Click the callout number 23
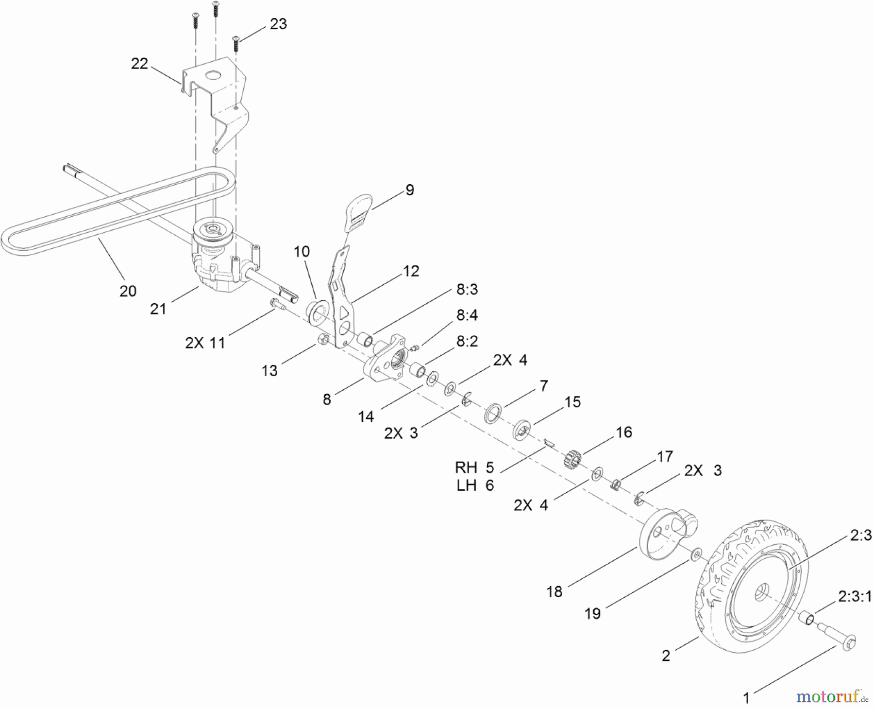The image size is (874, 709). [x=278, y=24]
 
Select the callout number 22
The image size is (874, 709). [x=139, y=64]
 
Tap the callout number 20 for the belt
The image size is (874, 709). [x=128, y=291]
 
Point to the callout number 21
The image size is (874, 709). [x=158, y=309]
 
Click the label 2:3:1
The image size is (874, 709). [x=855, y=596]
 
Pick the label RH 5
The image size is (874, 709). [x=474, y=467]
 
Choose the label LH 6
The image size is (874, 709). [x=475, y=485]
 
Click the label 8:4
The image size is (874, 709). [x=467, y=315]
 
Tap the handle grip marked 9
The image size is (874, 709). [x=359, y=211]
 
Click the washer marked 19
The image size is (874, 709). [x=697, y=553]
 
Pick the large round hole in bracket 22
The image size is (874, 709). [x=212, y=76]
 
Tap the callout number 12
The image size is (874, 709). [x=411, y=271]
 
